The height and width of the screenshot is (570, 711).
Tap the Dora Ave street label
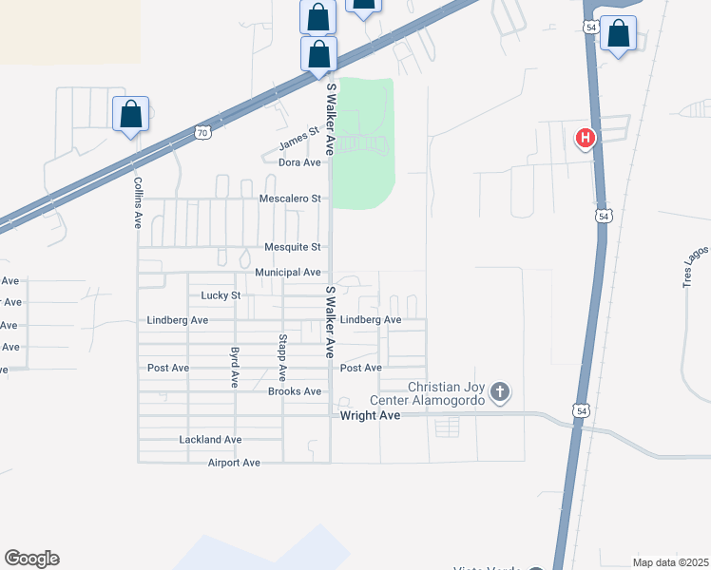(x=299, y=162)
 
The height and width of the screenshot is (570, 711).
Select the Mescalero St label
(x=291, y=199)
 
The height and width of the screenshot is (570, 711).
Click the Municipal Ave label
(x=287, y=273)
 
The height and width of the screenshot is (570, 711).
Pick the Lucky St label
(x=221, y=295)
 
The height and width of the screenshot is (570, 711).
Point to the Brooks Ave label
(x=296, y=391)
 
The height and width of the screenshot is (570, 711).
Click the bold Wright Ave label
(x=369, y=415)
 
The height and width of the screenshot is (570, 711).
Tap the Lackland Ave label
(x=210, y=440)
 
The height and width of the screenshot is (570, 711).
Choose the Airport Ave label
(x=234, y=463)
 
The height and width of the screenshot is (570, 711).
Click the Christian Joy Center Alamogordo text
(x=446, y=393)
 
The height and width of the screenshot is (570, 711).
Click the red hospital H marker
(x=586, y=139)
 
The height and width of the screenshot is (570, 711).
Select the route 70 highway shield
(x=202, y=133)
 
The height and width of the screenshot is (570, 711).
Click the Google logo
(x=31, y=559)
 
